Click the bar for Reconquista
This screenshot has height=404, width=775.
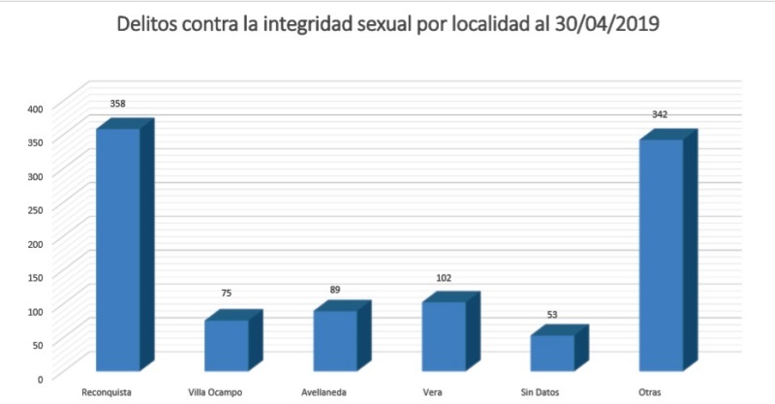[118, 249]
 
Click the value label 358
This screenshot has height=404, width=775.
[118, 103]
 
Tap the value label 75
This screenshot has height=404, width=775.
[227, 293]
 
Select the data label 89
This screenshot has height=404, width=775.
[335, 289]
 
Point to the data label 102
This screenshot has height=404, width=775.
[445, 277]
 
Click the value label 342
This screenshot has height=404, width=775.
[660, 115]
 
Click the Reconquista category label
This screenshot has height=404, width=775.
[107, 391]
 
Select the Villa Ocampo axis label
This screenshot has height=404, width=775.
[216, 391]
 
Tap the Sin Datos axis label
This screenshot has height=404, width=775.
[541, 391]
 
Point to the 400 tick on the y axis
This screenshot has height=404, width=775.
[34, 109]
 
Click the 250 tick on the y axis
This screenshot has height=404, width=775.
[34, 209]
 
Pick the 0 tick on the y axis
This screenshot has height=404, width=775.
[40, 378]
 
